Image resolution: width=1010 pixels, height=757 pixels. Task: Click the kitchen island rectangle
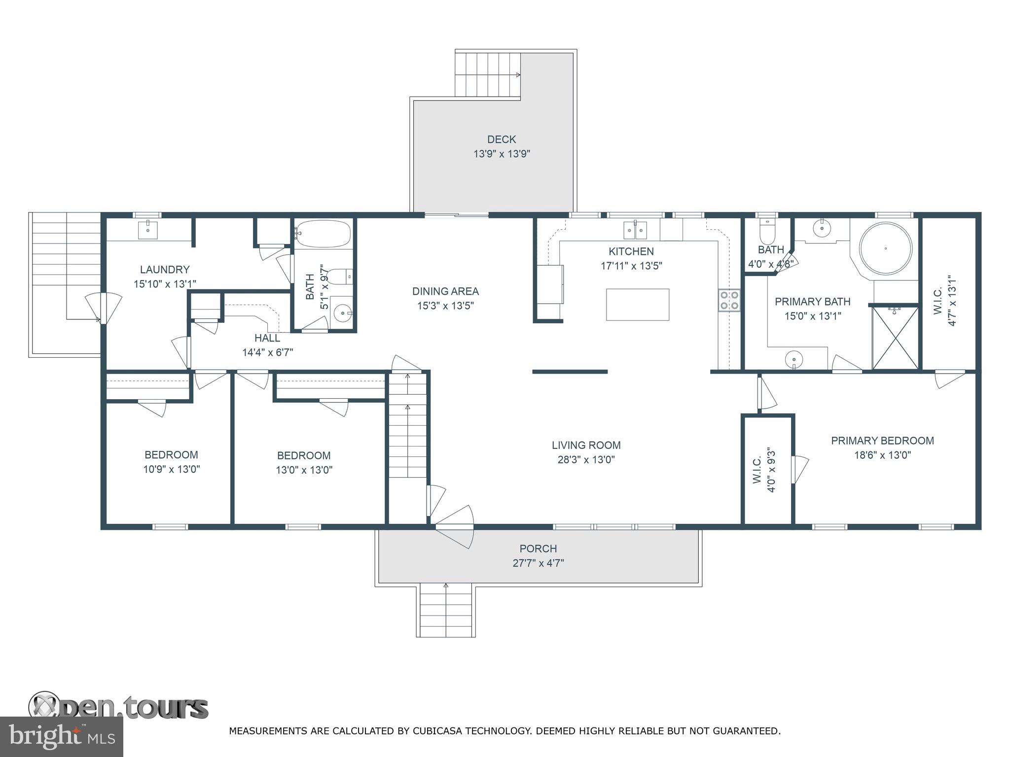point(638,305)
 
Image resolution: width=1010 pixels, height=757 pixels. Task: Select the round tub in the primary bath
point(886,249)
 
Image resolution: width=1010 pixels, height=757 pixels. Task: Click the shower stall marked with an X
point(896,338)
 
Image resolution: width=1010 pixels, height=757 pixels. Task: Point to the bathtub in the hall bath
point(323,234)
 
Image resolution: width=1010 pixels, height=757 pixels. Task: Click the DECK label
point(502,139)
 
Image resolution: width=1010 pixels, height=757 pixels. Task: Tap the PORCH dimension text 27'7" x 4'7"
point(538,563)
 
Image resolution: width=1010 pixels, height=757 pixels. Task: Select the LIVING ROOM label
point(586,445)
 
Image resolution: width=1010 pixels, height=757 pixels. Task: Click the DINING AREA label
point(445,291)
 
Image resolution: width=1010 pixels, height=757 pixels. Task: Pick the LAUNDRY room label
point(165,270)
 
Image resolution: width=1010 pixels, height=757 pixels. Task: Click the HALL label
point(267,338)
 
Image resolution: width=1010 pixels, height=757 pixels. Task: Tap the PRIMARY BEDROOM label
point(882,441)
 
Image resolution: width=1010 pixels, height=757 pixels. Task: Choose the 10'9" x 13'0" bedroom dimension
point(172,469)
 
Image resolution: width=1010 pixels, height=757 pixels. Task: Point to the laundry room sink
point(147,230)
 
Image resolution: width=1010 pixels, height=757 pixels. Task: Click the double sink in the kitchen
point(635,230)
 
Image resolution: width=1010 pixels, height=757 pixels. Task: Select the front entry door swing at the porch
point(455,526)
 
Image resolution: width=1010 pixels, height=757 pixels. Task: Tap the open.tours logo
point(118,707)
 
